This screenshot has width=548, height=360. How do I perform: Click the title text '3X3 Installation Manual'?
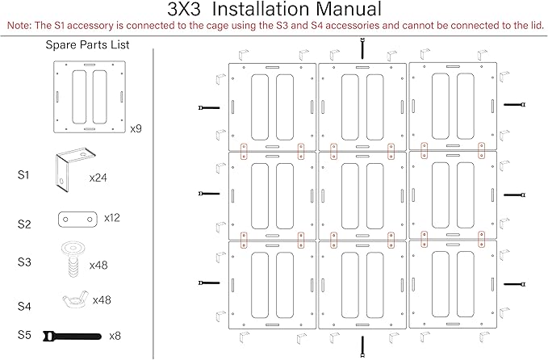[274, 9]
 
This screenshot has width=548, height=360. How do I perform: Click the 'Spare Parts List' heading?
[87, 44]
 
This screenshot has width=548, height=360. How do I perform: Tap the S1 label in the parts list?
[23, 175]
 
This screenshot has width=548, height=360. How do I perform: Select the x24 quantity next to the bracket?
[98, 178]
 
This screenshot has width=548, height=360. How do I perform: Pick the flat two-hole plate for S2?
[77, 219]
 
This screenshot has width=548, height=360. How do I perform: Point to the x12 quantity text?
[112, 218]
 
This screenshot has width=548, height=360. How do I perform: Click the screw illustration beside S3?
[73, 259]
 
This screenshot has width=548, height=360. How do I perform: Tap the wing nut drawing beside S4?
[75, 299]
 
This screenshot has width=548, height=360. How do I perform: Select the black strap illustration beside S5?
[72, 337]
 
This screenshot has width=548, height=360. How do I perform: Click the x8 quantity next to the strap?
[115, 336]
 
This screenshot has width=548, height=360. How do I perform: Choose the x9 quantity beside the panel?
[136, 128]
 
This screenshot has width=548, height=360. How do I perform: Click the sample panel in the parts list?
[90, 97]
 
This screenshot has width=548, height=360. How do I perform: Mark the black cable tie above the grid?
[362, 48]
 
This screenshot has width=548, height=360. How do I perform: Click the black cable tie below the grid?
[362, 346]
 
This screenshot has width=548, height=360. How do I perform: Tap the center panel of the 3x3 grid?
[362, 195]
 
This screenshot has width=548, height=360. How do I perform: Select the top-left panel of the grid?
[272, 107]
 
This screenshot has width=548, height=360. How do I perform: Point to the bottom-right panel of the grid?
[453, 284]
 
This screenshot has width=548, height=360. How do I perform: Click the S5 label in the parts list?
[24, 335]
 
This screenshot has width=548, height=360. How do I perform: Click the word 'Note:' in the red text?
[20, 26]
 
